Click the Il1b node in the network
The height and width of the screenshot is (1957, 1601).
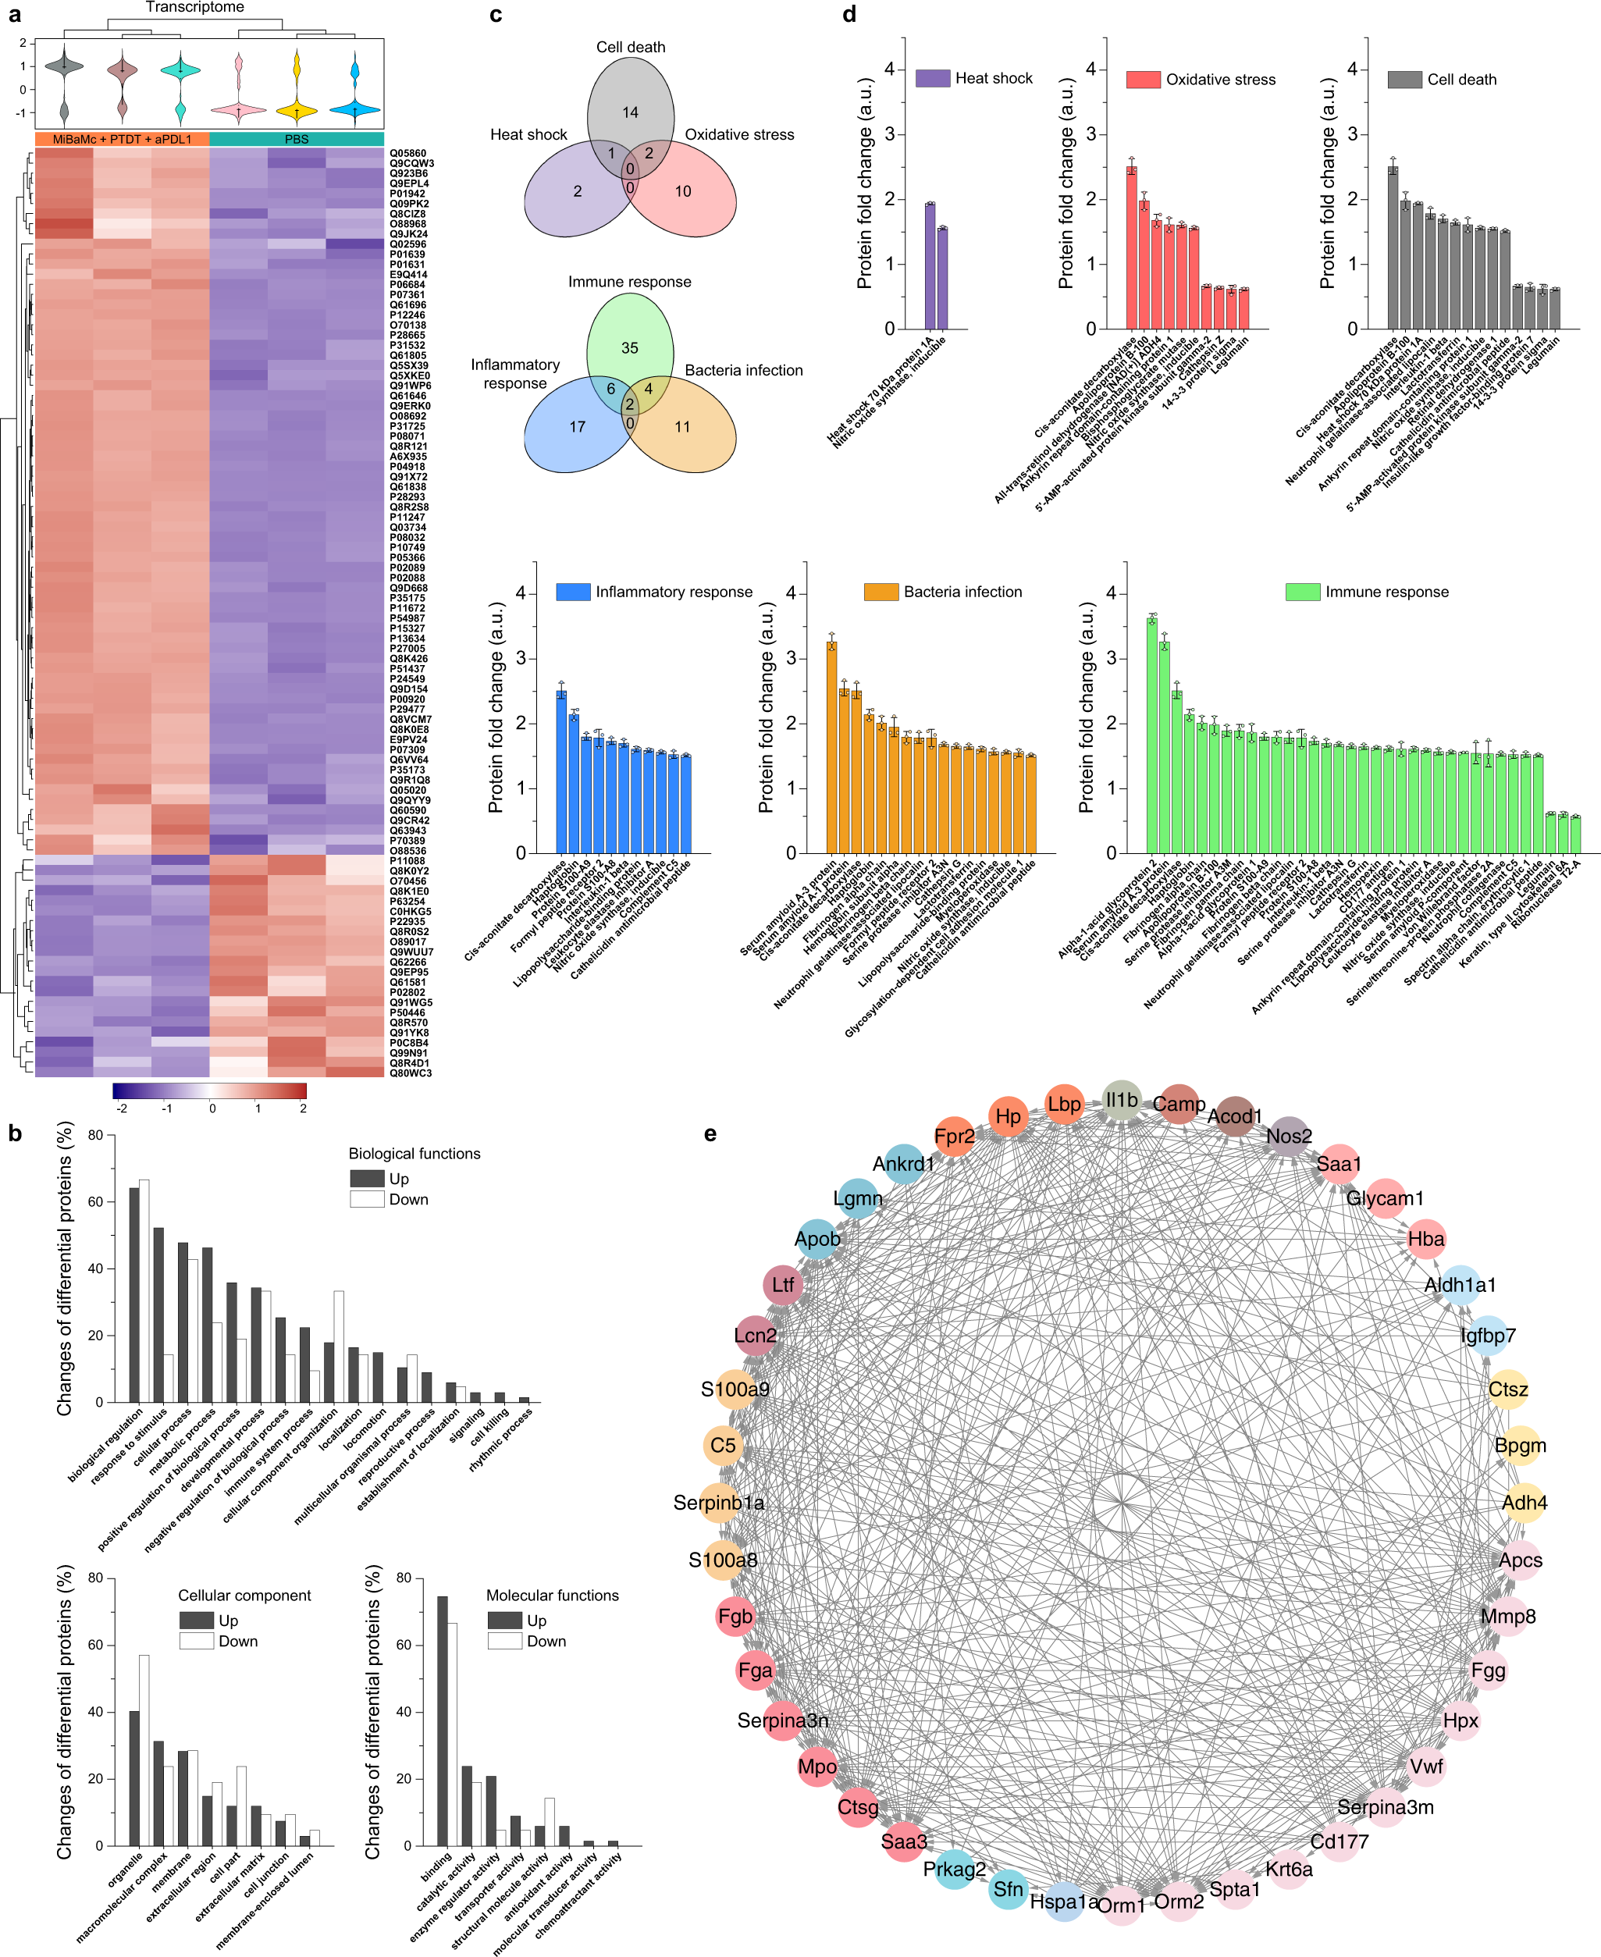(x=1122, y=1100)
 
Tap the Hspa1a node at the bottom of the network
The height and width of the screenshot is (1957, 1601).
(x=1063, y=1902)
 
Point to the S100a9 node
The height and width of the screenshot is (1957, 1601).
(x=736, y=1389)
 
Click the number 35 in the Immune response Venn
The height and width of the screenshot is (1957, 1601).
(x=630, y=347)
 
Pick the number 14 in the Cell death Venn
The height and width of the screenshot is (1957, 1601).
(x=630, y=112)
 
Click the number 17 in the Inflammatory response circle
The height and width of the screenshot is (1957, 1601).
(x=578, y=427)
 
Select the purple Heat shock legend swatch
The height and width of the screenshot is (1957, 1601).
(x=932, y=78)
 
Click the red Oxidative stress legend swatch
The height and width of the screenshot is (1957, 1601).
(x=1143, y=80)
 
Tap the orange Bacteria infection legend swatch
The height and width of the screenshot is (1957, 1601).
(x=881, y=592)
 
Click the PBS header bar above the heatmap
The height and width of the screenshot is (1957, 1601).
(x=296, y=139)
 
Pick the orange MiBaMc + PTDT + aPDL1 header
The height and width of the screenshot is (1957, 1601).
(x=122, y=139)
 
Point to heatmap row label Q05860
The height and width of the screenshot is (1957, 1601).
(x=407, y=153)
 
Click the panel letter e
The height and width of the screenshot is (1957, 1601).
(x=710, y=1133)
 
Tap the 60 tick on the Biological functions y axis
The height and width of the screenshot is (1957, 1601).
(x=96, y=1201)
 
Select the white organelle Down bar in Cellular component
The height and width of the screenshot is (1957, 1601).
(x=144, y=1749)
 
